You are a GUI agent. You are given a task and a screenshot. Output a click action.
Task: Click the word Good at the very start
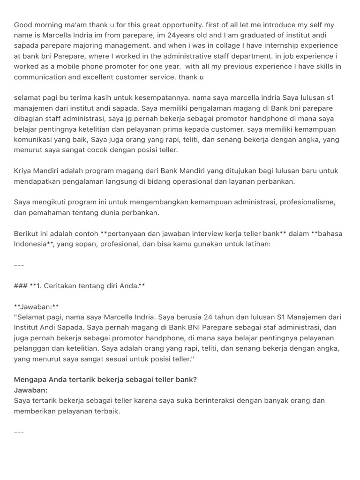[x=22, y=25]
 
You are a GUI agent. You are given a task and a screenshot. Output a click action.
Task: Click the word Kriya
[x=23, y=170]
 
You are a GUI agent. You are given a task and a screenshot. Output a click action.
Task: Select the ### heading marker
[x=20, y=285]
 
